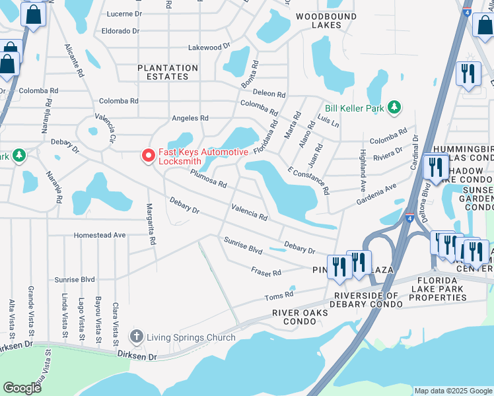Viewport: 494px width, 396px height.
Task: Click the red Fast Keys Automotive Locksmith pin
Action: (148, 156)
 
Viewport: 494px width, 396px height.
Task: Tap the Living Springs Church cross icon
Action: (137, 337)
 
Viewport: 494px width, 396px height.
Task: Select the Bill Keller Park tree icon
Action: (394, 107)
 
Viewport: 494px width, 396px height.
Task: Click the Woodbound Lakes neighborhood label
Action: (321, 20)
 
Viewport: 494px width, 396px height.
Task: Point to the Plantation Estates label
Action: (168, 72)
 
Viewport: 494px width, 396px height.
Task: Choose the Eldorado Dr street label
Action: (121, 31)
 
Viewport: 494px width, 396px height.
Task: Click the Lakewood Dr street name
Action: (209, 47)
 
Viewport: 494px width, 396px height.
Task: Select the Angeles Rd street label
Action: (190, 118)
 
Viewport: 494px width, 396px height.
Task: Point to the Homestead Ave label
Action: (100, 235)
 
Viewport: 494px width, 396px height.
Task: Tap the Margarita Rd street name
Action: (151, 224)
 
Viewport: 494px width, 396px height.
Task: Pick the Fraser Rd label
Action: (266, 271)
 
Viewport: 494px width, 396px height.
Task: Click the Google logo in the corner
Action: (22, 388)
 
